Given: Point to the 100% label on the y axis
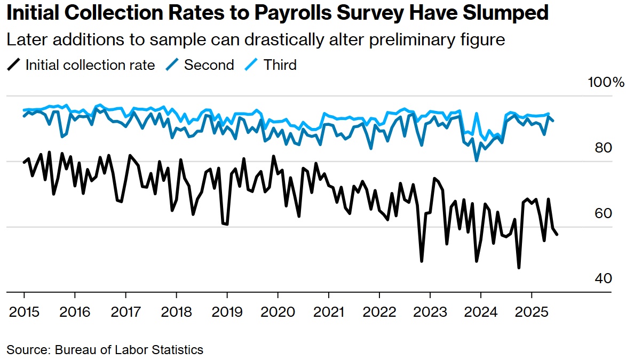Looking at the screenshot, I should (605, 83).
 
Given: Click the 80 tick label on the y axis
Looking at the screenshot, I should (603, 148).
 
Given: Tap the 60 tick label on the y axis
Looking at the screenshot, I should (603, 213).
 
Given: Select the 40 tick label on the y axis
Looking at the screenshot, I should (603, 278).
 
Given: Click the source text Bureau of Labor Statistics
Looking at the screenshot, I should (128, 350).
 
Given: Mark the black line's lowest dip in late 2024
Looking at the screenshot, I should (519, 267).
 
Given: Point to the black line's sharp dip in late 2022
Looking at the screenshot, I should (422, 261).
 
